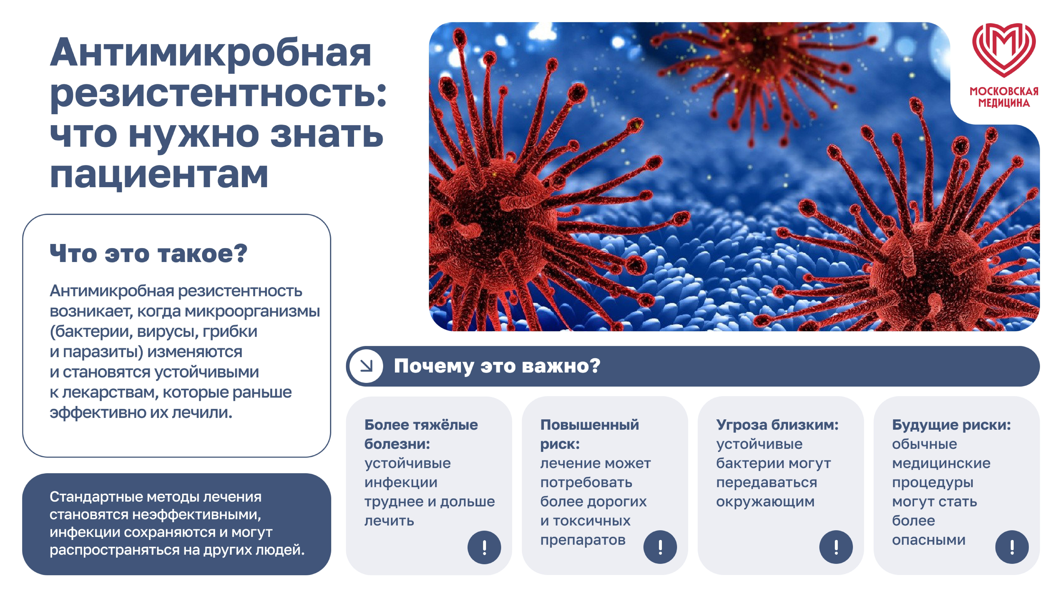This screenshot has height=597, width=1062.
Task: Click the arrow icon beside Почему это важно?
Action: point(366,366)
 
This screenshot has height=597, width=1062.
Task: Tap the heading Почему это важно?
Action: point(497,366)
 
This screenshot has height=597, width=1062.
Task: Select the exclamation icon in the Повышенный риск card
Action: point(660,547)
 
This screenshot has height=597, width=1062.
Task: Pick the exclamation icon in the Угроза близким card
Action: point(836,547)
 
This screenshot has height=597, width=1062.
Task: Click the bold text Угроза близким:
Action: point(777,425)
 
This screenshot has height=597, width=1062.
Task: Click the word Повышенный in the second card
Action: point(590,425)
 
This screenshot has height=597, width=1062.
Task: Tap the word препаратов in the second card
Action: point(583,540)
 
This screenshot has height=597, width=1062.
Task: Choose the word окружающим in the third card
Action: point(765,502)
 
